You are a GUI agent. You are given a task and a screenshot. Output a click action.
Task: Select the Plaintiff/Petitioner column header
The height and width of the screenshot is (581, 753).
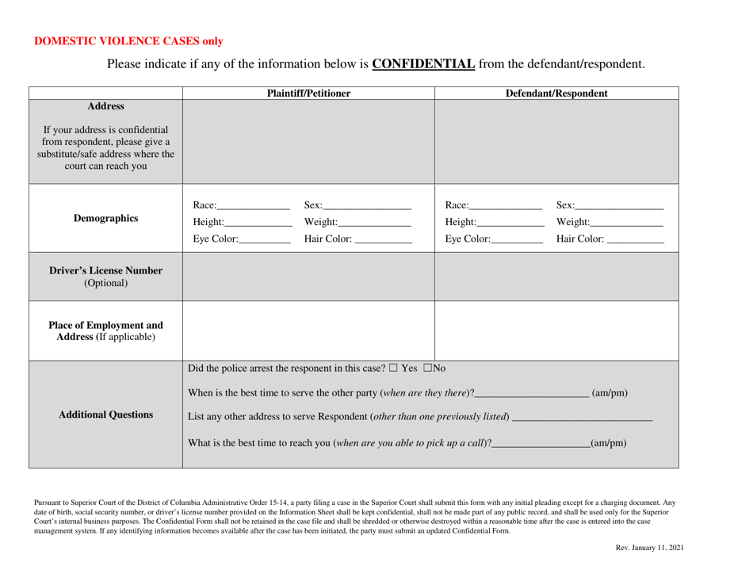tap(309, 93)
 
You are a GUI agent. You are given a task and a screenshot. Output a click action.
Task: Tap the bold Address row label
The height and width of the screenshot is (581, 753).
tap(105, 105)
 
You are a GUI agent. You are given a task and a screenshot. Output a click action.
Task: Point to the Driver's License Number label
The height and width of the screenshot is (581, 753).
tap(105, 278)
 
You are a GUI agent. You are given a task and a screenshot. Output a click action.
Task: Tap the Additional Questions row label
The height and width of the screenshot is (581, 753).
tap(105, 412)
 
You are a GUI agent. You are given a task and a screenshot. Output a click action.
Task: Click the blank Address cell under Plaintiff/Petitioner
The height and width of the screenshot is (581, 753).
tap(309, 139)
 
